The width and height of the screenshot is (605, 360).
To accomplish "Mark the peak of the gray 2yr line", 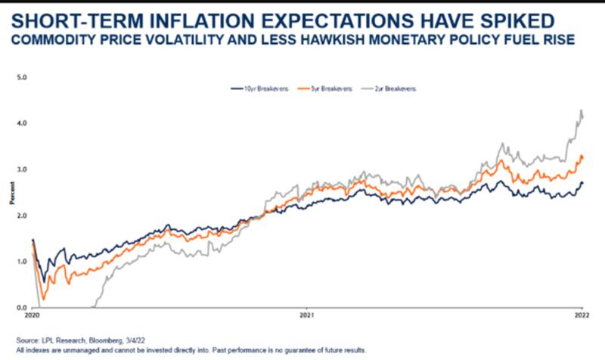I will point(581,111).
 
